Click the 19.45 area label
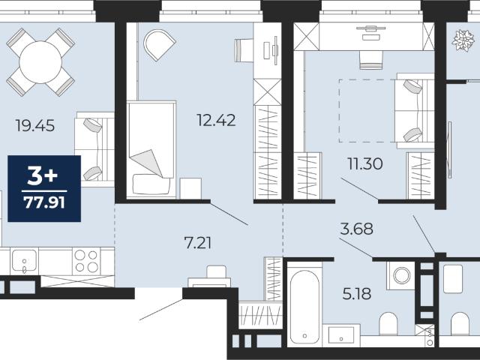point(35,125)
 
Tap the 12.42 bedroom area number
point(216,120)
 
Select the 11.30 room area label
point(365,163)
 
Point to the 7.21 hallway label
point(198,243)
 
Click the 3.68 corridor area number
point(357,229)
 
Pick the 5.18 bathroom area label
point(357,294)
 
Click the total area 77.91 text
point(45,202)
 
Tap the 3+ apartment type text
point(43,177)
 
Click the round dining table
point(40,62)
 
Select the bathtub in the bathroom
point(304,306)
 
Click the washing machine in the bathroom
point(402,275)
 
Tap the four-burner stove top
point(86,261)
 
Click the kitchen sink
point(24,261)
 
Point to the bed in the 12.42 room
point(151,149)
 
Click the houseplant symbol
point(463,40)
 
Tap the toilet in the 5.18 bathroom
point(388,324)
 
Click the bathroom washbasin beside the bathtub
point(341,335)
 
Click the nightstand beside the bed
point(190,188)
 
